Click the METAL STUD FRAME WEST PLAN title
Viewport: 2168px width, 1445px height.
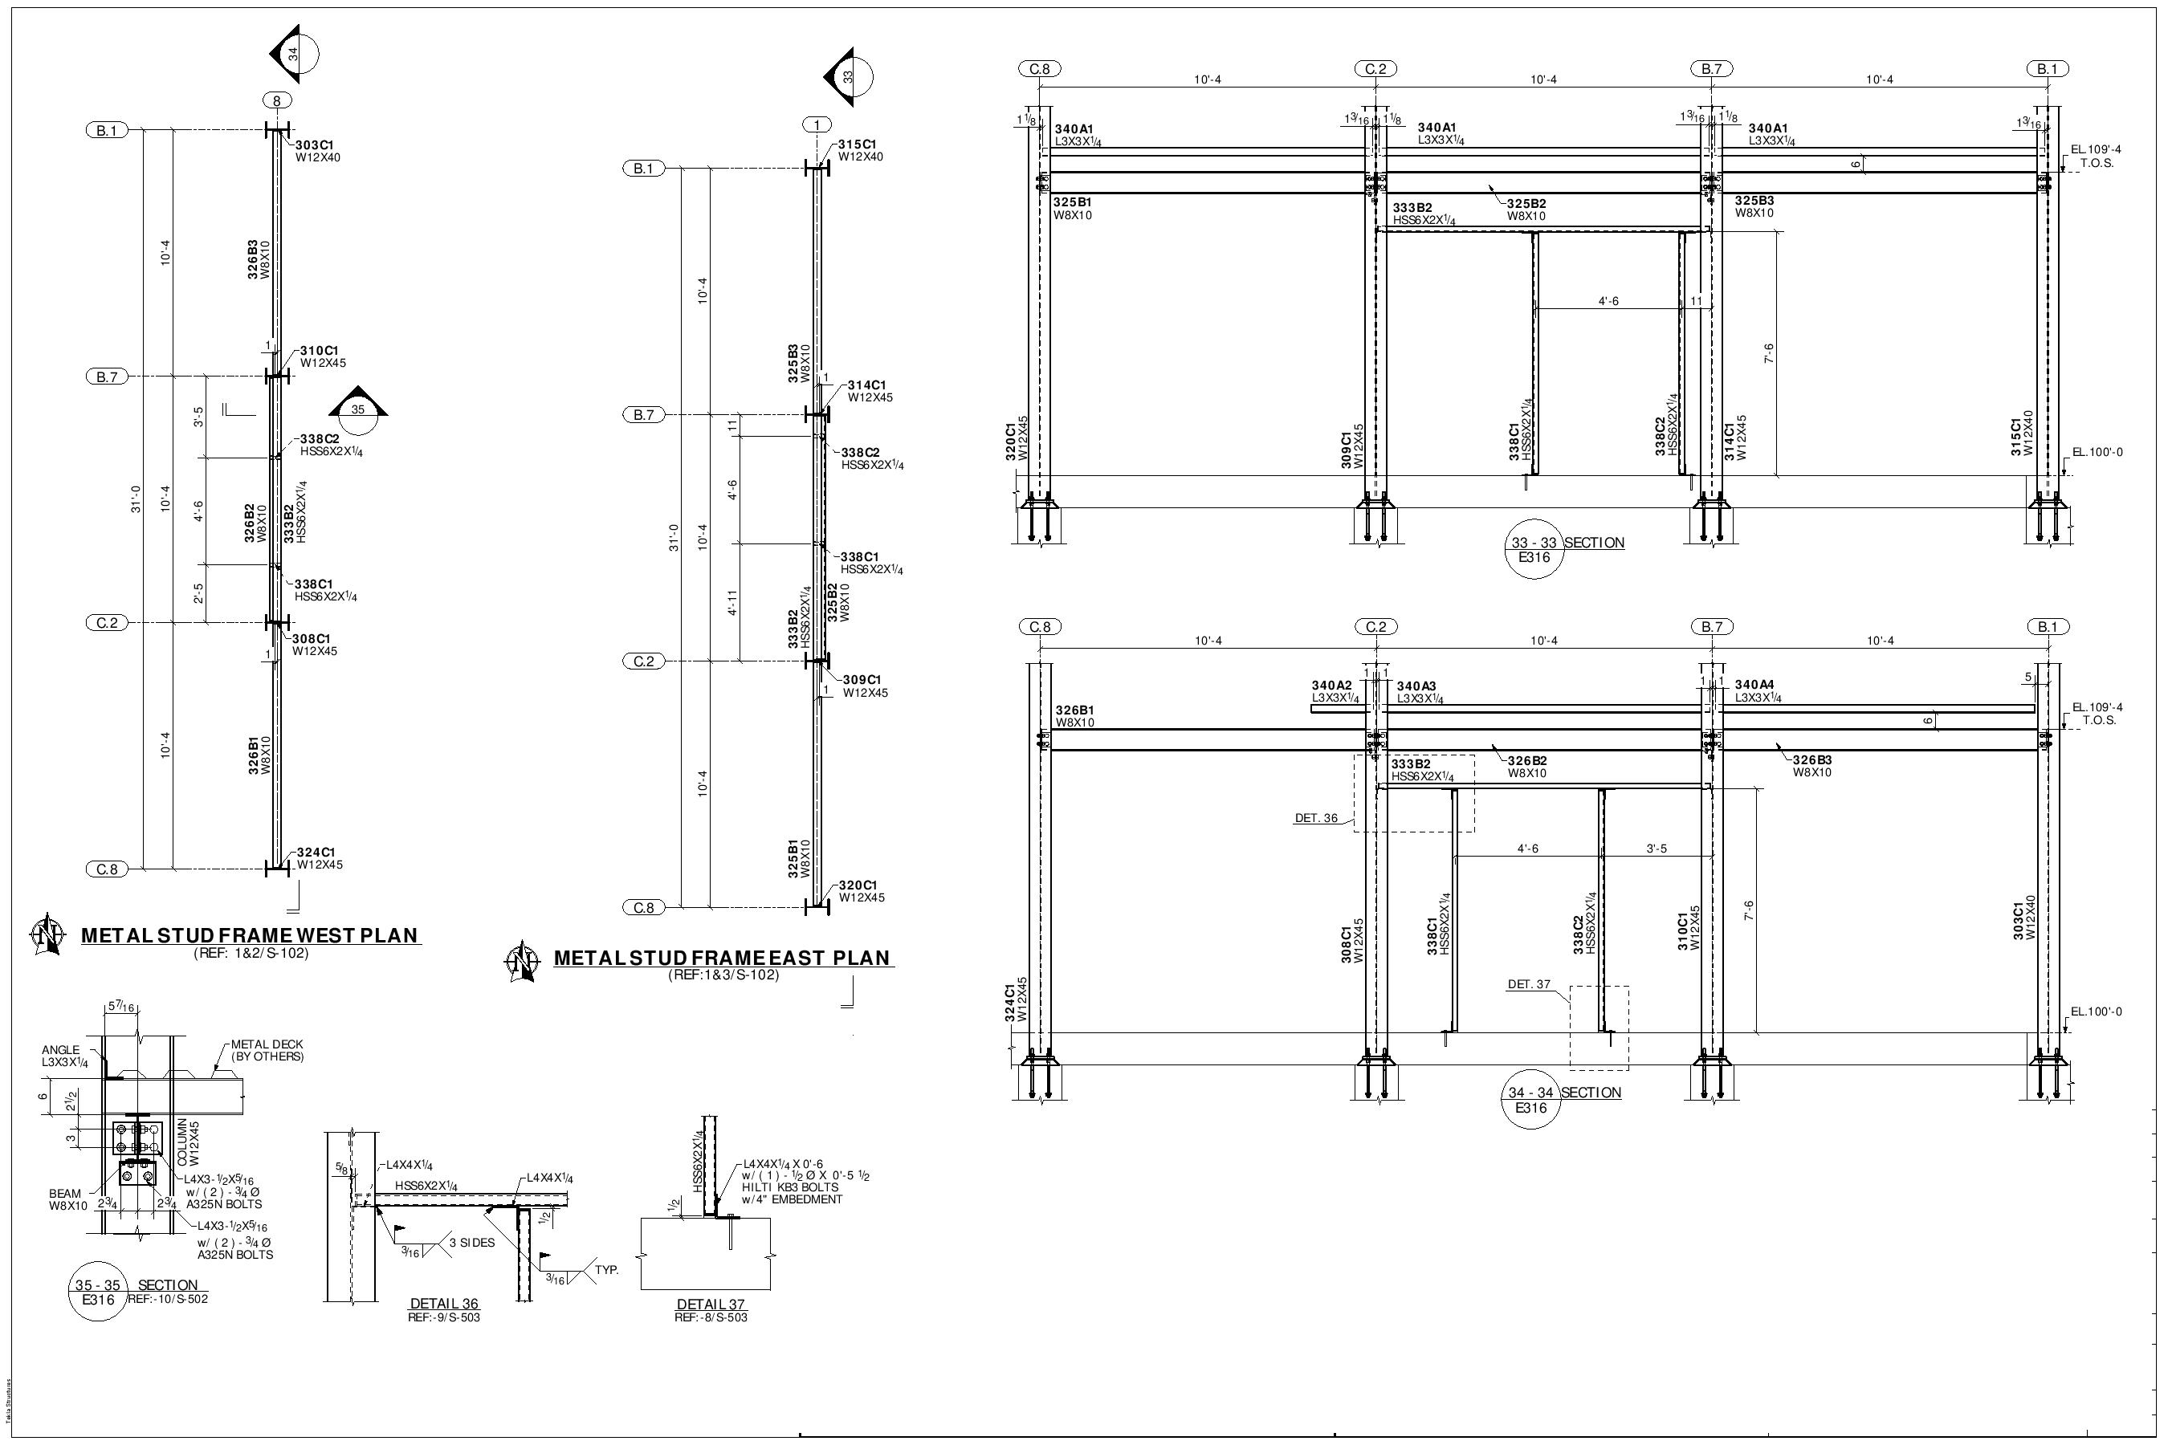point(250,935)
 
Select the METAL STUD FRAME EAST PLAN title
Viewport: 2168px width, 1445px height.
point(723,958)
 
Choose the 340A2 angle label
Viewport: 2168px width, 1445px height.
point(1331,686)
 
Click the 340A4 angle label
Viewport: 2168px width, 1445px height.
point(1754,685)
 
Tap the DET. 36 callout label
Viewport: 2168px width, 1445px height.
point(1315,818)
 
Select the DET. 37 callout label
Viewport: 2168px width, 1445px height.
point(1528,984)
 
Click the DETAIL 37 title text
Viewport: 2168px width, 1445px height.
point(710,1304)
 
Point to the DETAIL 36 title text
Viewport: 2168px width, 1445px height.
point(443,1304)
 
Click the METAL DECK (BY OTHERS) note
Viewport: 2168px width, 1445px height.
point(267,1050)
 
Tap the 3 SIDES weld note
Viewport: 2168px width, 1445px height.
point(472,1242)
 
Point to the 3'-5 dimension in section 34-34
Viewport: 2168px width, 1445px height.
point(1657,849)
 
